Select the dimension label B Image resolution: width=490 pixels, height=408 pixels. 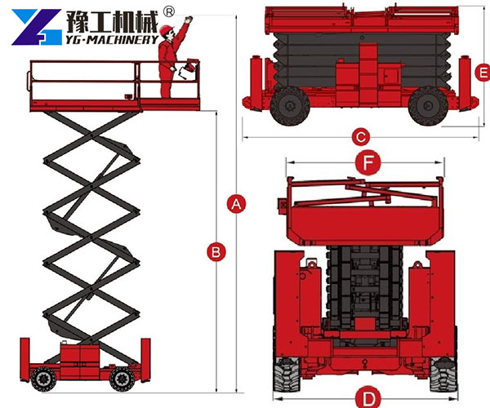215,252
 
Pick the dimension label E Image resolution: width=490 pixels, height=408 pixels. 483,73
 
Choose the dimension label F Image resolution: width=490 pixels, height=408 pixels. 368,163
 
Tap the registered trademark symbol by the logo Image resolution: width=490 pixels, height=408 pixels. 169,11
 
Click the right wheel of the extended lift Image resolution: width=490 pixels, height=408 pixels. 122,378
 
